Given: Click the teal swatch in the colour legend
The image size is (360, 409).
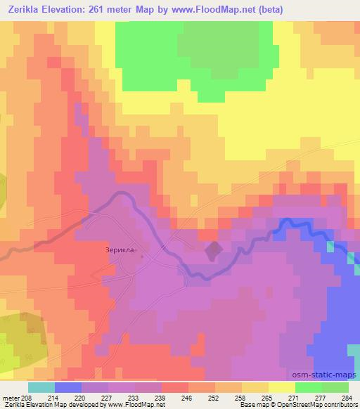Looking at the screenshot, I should [41, 387].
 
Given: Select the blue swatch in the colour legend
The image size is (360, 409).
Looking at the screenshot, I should [67, 387].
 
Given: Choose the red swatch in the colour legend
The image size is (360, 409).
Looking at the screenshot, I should [174, 387].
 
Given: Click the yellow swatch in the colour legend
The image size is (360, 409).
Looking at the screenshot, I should [281, 387].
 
